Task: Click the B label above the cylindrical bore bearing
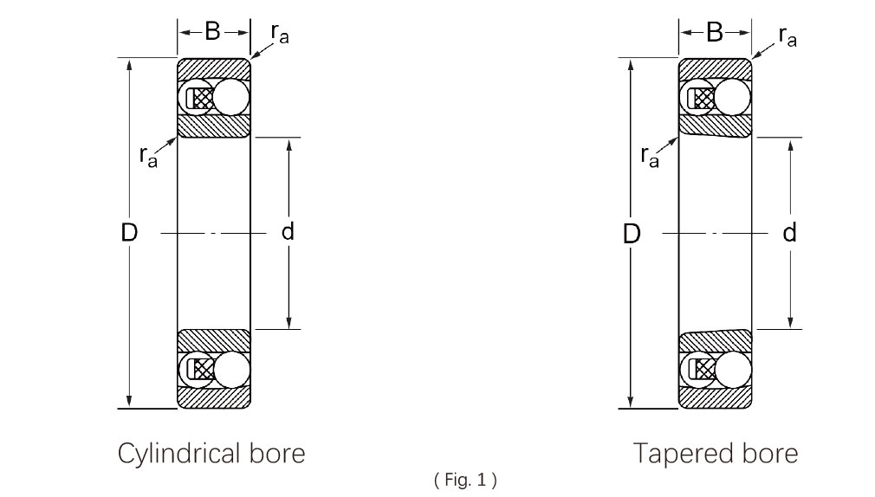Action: click(212, 32)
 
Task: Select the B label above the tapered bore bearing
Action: click(714, 32)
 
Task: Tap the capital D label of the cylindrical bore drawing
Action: click(129, 232)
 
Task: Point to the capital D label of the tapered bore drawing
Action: click(632, 233)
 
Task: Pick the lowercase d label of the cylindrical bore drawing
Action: click(288, 232)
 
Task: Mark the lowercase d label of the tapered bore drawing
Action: click(790, 232)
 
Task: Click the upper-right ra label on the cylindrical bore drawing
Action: click(279, 35)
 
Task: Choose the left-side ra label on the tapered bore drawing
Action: click(649, 156)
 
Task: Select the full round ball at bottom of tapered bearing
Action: click(733, 369)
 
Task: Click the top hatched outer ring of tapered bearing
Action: click(714, 68)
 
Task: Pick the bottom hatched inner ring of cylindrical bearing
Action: click(214, 340)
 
